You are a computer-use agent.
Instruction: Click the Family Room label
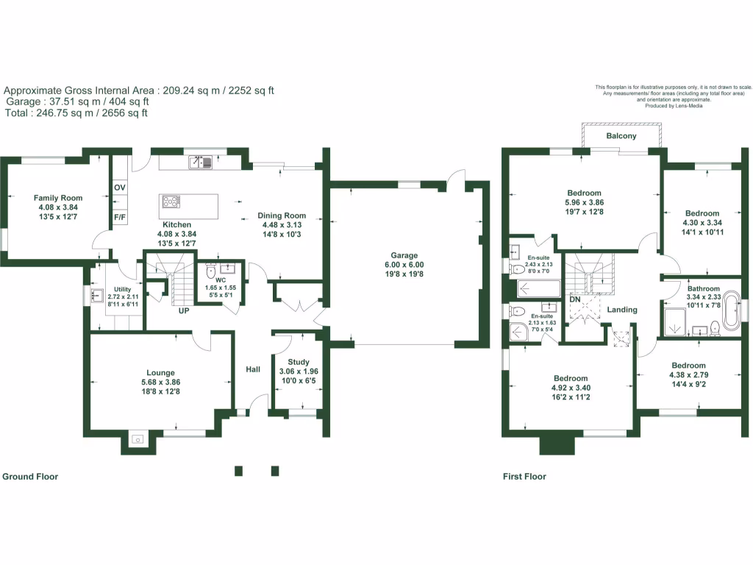(x=58, y=198)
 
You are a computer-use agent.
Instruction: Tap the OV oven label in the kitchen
(x=120, y=188)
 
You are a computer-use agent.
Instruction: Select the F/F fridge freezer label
(x=120, y=218)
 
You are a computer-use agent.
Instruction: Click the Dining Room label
(x=282, y=216)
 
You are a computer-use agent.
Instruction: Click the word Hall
(x=253, y=369)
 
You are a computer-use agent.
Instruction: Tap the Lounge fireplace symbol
(x=137, y=441)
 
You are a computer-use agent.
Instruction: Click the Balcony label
(x=621, y=137)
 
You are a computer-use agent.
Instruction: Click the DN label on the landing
(x=575, y=300)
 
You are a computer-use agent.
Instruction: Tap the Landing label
(x=621, y=310)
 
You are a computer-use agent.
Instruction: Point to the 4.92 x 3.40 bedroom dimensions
(x=571, y=388)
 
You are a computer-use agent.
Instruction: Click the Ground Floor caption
(x=30, y=477)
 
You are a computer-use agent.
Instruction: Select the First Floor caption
(x=524, y=477)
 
